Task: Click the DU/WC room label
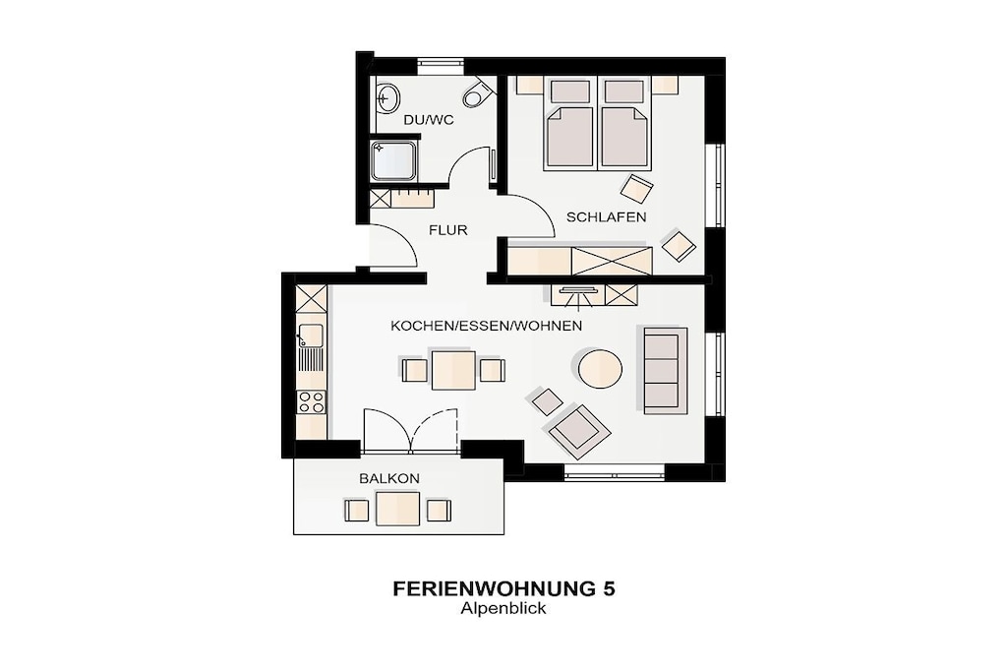click(x=429, y=120)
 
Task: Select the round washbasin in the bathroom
click(x=387, y=97)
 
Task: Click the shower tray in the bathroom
click(x=394, y=160)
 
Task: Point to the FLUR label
click(x=448, y=230)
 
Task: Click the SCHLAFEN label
click(x=606, y=217)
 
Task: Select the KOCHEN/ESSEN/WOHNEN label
click(x=486, y=327)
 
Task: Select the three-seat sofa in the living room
click(x=662, y=369)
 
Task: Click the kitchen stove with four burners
click(x=311, y=402)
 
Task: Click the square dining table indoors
click(x=453, y=370)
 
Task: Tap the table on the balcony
click(x=398, y=509)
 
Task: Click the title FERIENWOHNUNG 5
click(x=504, y=589)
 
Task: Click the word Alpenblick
click(x=503, y=608)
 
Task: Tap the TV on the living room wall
click(x=577, y=291)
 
